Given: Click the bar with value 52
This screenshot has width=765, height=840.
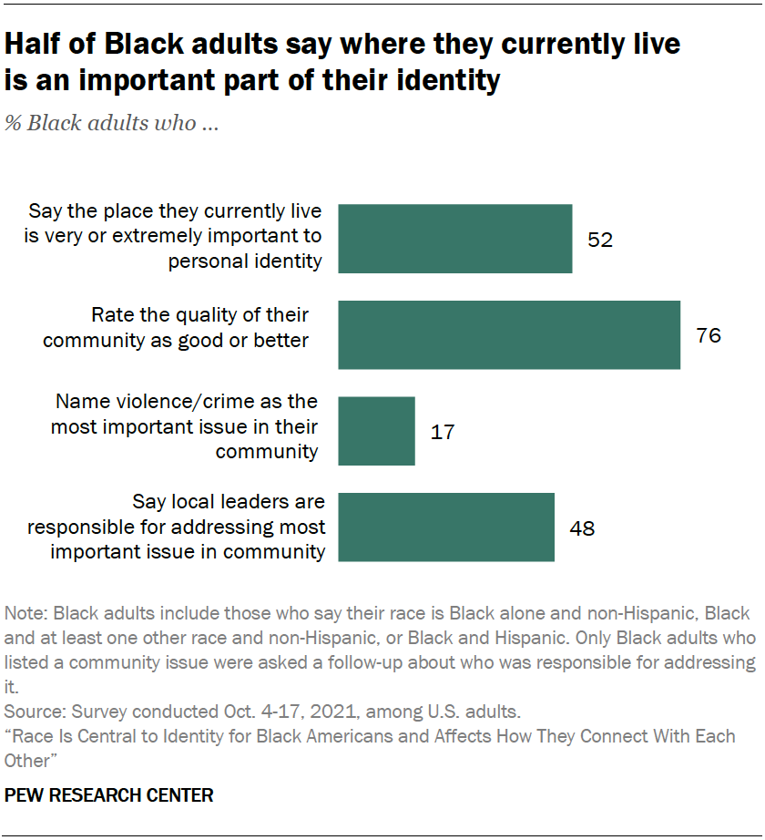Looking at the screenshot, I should tap(455, 239).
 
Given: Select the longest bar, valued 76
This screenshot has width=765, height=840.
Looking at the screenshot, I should tap(509, 334).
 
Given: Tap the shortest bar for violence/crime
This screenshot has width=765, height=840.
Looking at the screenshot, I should tap(377, 431).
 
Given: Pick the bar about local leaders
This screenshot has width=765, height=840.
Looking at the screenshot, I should tap(446, 528).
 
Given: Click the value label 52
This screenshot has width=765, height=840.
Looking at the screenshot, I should tap(600, 240).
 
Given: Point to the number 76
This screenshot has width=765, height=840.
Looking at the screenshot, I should tap(708, 335).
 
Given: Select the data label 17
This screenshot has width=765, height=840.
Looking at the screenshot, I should tap(442, 432).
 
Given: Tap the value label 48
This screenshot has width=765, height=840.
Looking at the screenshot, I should tap(582, 528).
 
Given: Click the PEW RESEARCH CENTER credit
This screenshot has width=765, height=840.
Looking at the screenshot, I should tap(109, 795).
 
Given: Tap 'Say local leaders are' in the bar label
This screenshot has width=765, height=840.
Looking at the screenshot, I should tap(229, 502).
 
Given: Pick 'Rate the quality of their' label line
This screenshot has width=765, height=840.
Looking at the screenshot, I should tap(199, 315).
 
